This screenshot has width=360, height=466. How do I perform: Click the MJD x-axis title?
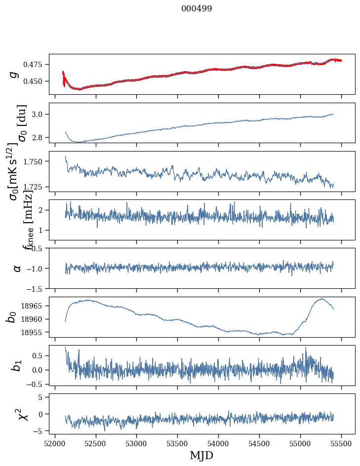[201, 455]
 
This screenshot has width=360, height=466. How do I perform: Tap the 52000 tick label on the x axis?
[55, 441]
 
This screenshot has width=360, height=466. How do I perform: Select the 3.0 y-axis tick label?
[40, 115]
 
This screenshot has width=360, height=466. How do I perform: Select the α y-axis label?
[17, 268]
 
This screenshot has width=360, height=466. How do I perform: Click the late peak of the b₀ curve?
[321, 299]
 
